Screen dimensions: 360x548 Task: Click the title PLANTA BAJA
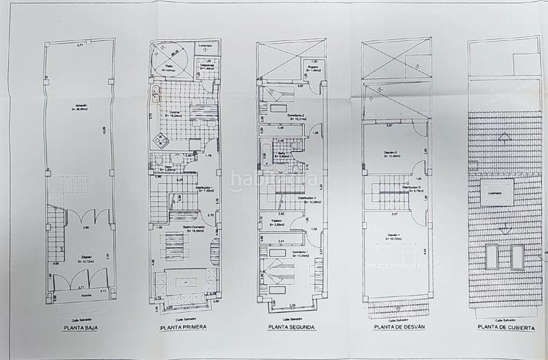point(79,328)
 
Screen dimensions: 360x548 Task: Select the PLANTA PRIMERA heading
point(184,328)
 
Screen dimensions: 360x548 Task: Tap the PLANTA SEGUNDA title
point(288,328)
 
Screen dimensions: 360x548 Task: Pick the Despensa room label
point(206,66)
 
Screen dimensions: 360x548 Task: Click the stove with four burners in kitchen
point(162,142)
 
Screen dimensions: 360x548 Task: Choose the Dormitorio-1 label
point(300,254)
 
